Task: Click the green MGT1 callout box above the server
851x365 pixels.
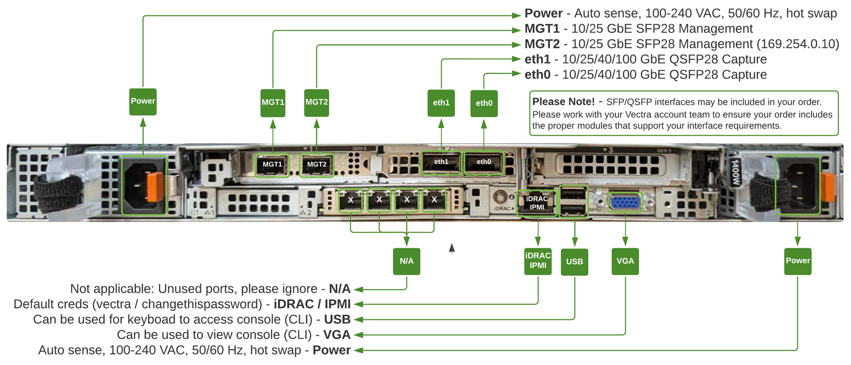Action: pos(273,103)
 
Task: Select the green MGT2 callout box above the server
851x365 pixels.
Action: pos(317,103)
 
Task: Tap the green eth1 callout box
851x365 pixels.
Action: pos(441,103)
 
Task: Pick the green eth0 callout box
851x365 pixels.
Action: pos(484,103)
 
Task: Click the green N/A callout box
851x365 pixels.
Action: pos(407,261)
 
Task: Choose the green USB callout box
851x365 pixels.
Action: pos(574,262)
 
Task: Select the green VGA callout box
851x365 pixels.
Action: pos(625,261)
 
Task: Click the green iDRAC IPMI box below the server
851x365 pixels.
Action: pos(538,261)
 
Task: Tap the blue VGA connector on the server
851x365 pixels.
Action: pos(625,202)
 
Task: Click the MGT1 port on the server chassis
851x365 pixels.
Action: pos(272,165)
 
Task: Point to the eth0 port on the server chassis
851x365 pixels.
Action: pos(483,162)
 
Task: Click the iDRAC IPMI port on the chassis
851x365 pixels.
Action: pos(537,203)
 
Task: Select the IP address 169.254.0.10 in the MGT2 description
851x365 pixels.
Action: pos(797,44)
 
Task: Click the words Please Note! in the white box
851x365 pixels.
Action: pos(563,102)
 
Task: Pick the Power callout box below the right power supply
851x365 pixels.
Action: pos(797,261)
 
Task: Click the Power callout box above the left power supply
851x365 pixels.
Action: pos(143,102)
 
